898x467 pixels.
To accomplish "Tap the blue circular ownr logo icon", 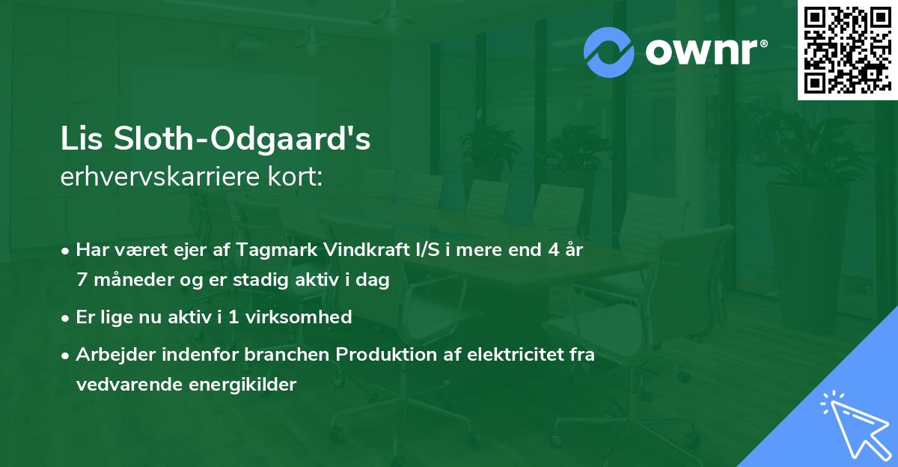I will (x=608, y=52).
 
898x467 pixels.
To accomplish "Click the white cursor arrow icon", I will (x=849, y=422).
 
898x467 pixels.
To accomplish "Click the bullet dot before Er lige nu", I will (x=67, y=318).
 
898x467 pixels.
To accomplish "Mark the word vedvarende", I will (x=124, y=385).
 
